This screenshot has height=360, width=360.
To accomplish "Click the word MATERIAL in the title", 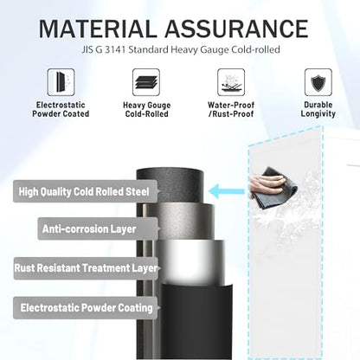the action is coord(98,29).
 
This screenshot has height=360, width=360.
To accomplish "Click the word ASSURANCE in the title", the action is coord(236,29).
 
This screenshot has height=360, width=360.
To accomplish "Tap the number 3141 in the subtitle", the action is coord(115,49).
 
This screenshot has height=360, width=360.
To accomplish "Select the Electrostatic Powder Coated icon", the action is coord(61,82).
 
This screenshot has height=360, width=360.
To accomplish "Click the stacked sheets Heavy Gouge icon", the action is coord(146,82).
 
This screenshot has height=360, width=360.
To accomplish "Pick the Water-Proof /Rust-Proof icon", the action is coord(231,82).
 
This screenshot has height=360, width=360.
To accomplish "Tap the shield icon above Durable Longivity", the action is coord(318,82).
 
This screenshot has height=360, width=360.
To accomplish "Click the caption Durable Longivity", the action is coord(318,109).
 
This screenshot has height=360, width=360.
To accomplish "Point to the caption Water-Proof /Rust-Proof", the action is coord(231,109).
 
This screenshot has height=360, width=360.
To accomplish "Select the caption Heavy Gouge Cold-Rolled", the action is coord(146,109).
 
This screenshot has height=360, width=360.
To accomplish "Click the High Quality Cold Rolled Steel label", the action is coord(86,191).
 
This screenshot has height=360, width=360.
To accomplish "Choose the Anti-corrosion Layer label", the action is coord(98,229).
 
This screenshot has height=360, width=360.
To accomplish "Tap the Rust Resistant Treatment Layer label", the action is coord(86,268).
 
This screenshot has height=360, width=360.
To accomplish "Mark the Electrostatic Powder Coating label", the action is coord(86,308).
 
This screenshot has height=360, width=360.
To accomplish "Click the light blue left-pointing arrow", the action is coord(227,191).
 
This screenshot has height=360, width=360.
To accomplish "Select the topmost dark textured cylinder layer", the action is coord(170,184).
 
